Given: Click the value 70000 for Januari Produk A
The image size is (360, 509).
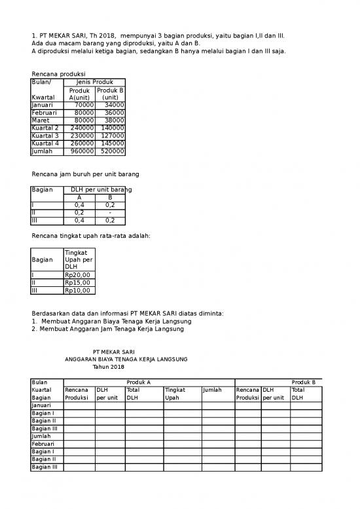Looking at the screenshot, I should click(84, 105).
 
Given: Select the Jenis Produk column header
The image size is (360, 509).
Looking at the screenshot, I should click(95, 82).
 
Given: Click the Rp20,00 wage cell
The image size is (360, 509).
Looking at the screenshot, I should click(77, 275).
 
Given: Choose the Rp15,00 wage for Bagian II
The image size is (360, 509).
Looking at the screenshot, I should click(77, 283).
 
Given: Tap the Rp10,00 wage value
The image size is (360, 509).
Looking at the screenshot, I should click(77, 291).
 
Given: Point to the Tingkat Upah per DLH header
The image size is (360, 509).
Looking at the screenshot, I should click(79, 259).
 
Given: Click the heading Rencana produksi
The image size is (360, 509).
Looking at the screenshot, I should click(59, 73).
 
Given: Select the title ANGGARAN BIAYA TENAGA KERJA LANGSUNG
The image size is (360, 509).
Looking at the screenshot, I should click(126, 360).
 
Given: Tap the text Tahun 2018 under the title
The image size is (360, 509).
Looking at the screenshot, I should click(108, 367).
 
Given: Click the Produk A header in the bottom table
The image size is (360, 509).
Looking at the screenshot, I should click(139, 382).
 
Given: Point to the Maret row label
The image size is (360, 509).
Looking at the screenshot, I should click(41, 121).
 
